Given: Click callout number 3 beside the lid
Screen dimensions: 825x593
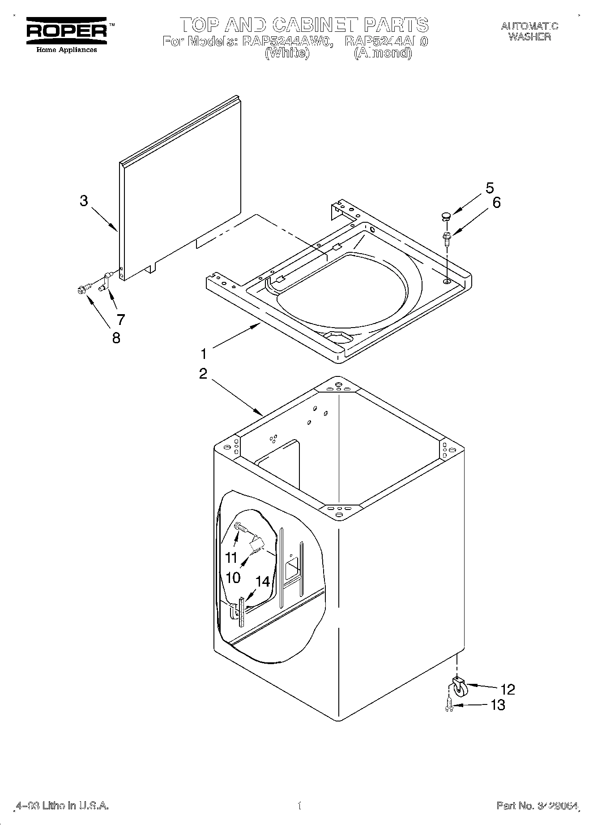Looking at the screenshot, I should pos(84,201).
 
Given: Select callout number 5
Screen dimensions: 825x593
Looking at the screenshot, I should pos(490,188).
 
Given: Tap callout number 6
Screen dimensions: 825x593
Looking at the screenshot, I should pos(496,203).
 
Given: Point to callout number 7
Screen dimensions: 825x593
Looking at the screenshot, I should pos(120,320).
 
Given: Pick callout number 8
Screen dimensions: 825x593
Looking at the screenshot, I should pos(116,337).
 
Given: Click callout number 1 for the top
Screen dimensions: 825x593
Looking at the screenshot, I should pos(204,354).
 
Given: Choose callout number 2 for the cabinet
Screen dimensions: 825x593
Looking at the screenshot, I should pos(203,373).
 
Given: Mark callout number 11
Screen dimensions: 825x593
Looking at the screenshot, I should pos(231,558).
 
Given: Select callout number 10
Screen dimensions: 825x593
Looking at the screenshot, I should pos(233,577).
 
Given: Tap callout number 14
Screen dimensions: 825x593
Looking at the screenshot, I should pos(263,582).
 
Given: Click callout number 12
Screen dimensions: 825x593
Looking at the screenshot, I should pos(508,689).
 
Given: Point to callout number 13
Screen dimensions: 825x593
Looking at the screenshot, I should pos(498,705).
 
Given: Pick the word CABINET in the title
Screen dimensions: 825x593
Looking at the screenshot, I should pos(316,25).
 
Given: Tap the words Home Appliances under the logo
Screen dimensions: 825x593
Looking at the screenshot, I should pos(66,50).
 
